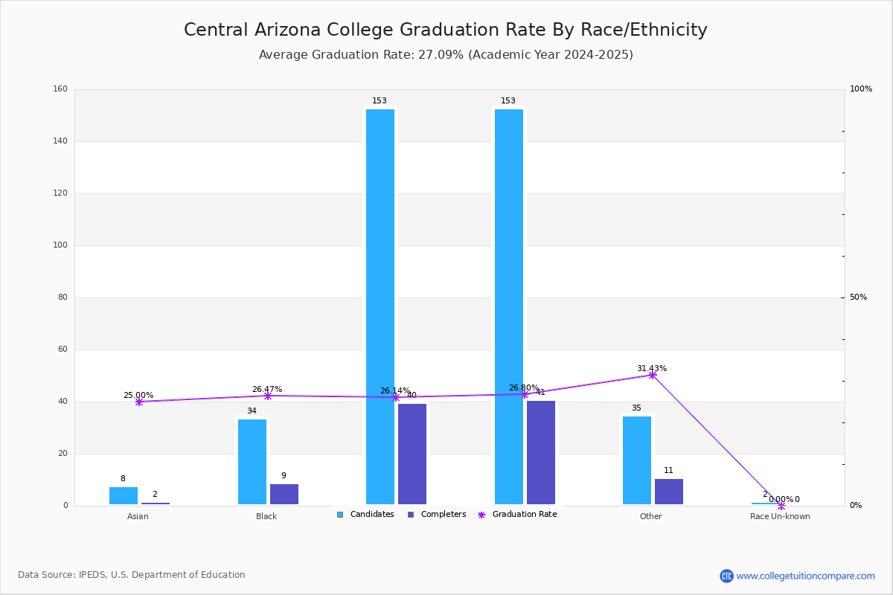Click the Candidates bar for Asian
[124, 496]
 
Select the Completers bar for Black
[284, 495]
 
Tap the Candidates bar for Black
[252, 462]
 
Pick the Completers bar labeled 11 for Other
[669, 492]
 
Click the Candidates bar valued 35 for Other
[637, 460]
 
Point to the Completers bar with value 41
[541, 453]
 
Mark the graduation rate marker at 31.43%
[653, 375]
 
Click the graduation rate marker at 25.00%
[139, 402]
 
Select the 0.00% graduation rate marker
[781, 506]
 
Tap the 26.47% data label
[267, 389]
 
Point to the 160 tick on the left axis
[60, 89]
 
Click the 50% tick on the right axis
[858, 297]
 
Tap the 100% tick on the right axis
[860, 89]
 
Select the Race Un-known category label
[780, 516]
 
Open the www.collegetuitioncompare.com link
[805, 576]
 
